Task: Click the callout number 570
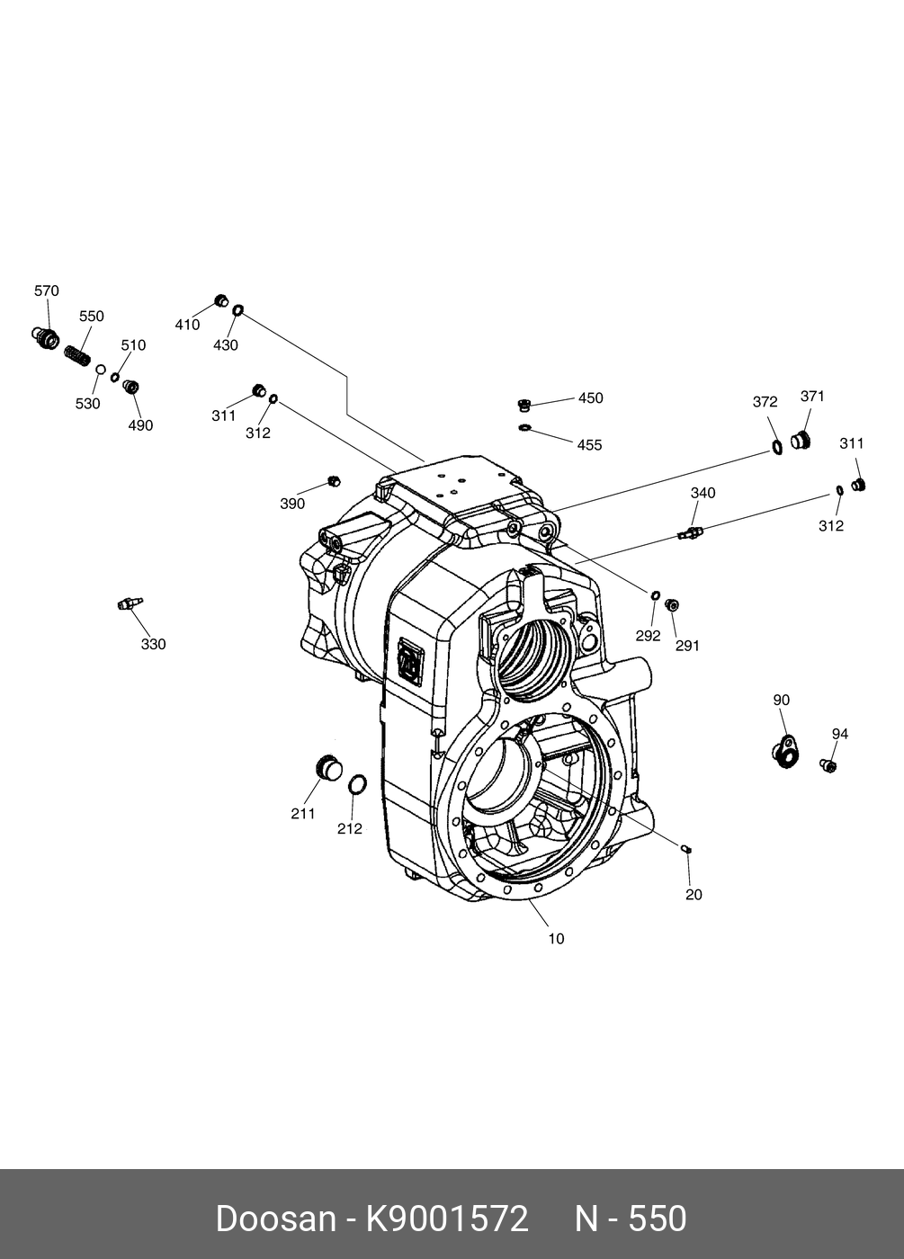coord(47,290)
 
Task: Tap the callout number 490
coord(140,425)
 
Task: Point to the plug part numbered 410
coord(220,299)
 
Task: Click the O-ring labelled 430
coord(238,311)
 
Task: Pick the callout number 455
coord(589,445)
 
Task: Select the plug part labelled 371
coord(800,441)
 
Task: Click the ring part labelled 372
coord(776,447)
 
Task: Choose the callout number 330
coord(154,644)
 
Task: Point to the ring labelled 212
coord(357,784)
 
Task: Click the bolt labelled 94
coord(828,765)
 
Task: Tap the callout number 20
coord(694,894)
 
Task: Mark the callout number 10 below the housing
coord(556,939)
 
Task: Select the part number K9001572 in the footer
coord(446,1219)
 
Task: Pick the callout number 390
coord(292,504)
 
